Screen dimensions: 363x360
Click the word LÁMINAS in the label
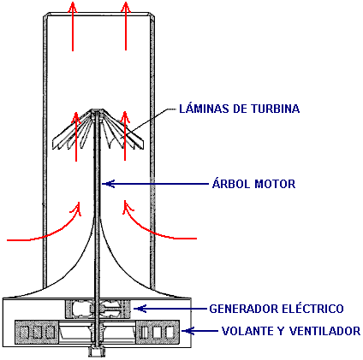tap(204, 109)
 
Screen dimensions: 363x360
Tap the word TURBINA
tap(276, 109)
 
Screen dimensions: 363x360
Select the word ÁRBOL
tap(231, 183)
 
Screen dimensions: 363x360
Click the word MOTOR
tap(275, 184)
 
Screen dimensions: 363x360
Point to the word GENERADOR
tap(244, 309)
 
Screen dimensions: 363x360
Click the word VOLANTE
tap(247, 331)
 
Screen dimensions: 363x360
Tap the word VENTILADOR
tap(324, 331)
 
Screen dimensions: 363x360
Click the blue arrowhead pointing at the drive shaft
tap(108, 184)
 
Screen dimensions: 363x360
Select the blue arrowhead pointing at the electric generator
tap(140, 309)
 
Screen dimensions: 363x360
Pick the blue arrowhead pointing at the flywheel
tap(187, 331)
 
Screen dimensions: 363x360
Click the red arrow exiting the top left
tap(73, 27)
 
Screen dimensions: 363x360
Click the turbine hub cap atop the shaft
tap(98, 111)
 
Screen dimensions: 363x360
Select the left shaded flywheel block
tap(37, 332)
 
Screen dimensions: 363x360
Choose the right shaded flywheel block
tap(158, 332)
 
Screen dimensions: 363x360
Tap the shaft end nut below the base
tap(97, 351)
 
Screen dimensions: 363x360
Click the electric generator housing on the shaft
tap(98, 309)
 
